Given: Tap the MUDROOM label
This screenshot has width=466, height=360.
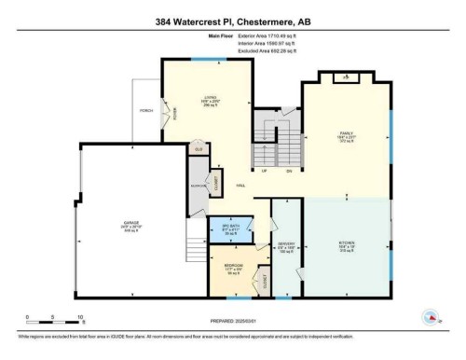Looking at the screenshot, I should [197, 186].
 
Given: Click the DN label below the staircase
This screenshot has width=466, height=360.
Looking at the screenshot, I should [289, 171].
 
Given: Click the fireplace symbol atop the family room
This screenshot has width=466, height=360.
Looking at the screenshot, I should [347, 76].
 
